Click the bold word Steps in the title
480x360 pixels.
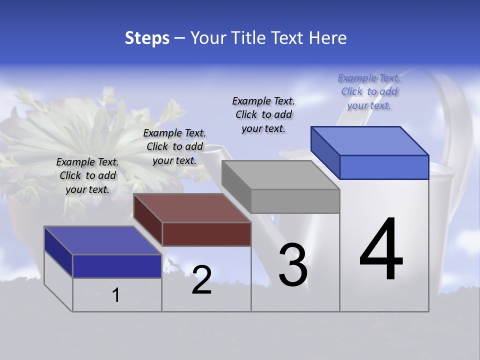click(x=147, y=38)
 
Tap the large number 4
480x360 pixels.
click(x=381, y=250)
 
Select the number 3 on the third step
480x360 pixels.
click(x=292, y=265)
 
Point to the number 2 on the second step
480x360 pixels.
click(x=201, y=280)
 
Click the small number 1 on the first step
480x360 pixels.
click(x=116, y=295)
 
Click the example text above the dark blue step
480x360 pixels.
click(x=87, y=175)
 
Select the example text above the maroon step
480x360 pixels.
click(x=174, y=146)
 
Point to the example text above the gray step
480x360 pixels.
click(x=263, y=114)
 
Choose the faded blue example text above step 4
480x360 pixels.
click(x=369, y=91)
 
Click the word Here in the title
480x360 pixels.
click(x=328, y=38)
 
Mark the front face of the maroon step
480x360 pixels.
click(x=206, y=234)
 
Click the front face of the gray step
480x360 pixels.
click(x=295, y=201)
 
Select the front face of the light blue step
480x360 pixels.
click(x=384, y=167)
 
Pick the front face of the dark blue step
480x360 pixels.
click(x=117, y=266)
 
